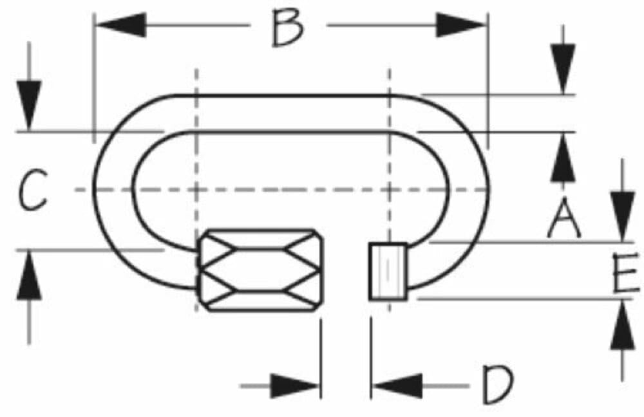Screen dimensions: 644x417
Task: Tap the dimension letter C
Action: tap(33, 190)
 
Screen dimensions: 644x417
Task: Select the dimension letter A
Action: tap(564, 218)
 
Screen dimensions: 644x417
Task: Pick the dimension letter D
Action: tap(497, 384)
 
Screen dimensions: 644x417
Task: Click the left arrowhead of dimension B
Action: tap(122, 25)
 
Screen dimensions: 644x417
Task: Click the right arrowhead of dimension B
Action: tap(461, 25)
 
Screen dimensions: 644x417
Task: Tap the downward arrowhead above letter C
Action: tap(29, 106)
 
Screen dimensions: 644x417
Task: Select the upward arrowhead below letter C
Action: tap(29, 275)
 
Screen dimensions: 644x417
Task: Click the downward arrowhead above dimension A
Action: tap(563, 69)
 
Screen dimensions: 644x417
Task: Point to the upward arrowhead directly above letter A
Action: tap(563, 158)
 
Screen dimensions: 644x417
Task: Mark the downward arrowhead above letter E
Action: tap(623, 216)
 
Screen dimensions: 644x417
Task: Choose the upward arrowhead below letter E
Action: tap(623, 325)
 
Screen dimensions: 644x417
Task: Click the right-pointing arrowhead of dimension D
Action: tap(295, 386)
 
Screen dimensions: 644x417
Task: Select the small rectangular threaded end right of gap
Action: tap(388, 272)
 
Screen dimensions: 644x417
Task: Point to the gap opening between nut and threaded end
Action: tap(346, 271)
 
